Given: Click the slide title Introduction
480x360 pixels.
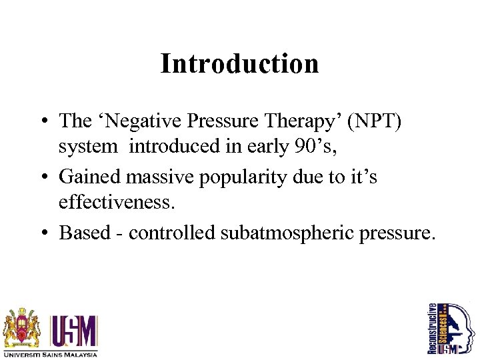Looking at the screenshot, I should click(239, 64).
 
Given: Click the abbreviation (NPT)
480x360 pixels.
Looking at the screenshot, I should click(370, 121).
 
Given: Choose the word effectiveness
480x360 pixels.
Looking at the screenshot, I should click(117, 202).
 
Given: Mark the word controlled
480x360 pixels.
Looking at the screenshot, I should click(169, 233).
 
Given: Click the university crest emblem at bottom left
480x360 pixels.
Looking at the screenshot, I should click(22, 327).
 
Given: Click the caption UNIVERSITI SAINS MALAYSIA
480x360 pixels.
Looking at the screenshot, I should click(51, 354).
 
